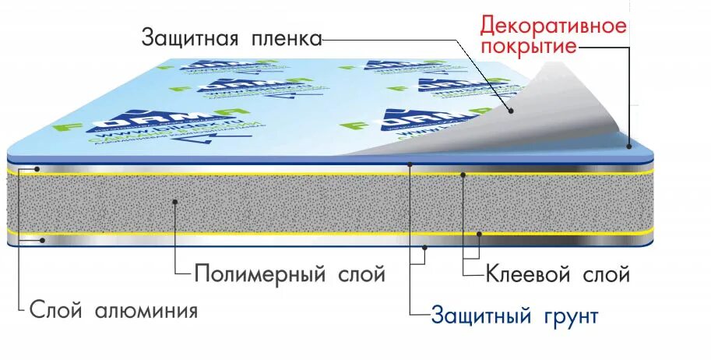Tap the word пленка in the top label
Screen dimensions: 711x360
[x=285, y=37]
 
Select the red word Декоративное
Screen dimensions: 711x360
[x=553, y=26]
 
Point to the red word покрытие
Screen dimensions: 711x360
[x=529, y=47]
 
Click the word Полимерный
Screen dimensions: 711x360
[x=259, y=274]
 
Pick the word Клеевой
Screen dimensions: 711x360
[x=530, y=274]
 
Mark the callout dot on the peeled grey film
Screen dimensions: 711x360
[x=511, y=110]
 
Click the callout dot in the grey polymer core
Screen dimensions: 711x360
[x=176, y=202]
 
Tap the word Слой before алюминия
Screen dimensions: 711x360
[x=57, y=311]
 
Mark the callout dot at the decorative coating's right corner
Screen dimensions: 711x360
[x=629, y=145]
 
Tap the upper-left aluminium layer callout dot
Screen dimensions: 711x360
[x=37, y=168]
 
